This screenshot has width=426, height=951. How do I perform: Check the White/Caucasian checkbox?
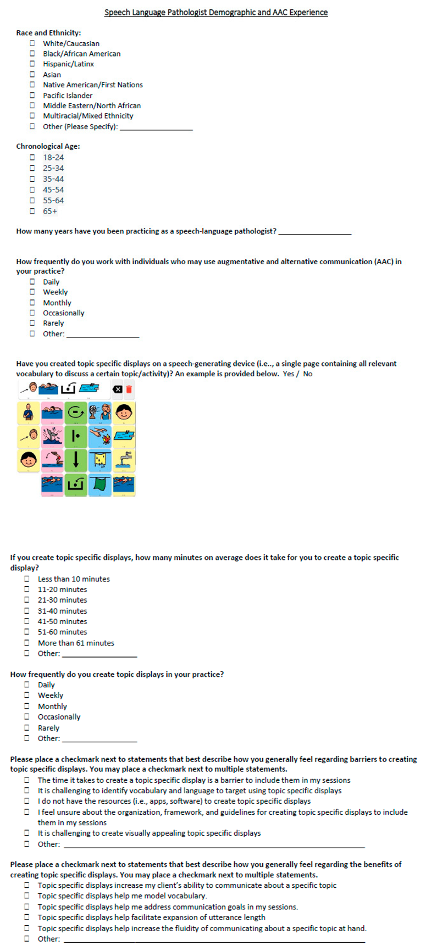pos(32,43)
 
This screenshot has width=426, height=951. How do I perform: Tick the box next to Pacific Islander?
pos(32,96)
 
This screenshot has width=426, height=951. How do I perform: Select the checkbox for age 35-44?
pos(32,179)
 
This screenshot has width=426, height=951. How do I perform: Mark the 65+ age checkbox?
pos(32,212)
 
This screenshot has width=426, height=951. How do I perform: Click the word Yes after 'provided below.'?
pos(288,374)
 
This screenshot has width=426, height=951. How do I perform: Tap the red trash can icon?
pos(129,389)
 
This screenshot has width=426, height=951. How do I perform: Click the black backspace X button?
pos(117,389)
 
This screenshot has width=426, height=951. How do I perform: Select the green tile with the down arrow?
pos(76,460)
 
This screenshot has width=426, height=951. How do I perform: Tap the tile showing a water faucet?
pos(124,460)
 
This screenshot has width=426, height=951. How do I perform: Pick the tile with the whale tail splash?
pos(52,437)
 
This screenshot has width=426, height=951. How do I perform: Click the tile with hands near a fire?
pos(99,437)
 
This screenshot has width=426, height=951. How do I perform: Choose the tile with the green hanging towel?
pos(99,485)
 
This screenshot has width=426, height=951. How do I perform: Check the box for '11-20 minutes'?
pos(27,589)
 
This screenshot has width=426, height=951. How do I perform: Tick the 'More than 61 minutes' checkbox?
pos(27,643)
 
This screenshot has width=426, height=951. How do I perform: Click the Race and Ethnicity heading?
pos(48,33)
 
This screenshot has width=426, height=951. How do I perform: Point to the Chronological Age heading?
pos(48,147)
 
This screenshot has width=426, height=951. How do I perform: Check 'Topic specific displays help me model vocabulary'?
pos(27,896)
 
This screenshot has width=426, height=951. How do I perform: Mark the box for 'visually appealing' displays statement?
pos(27,833)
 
